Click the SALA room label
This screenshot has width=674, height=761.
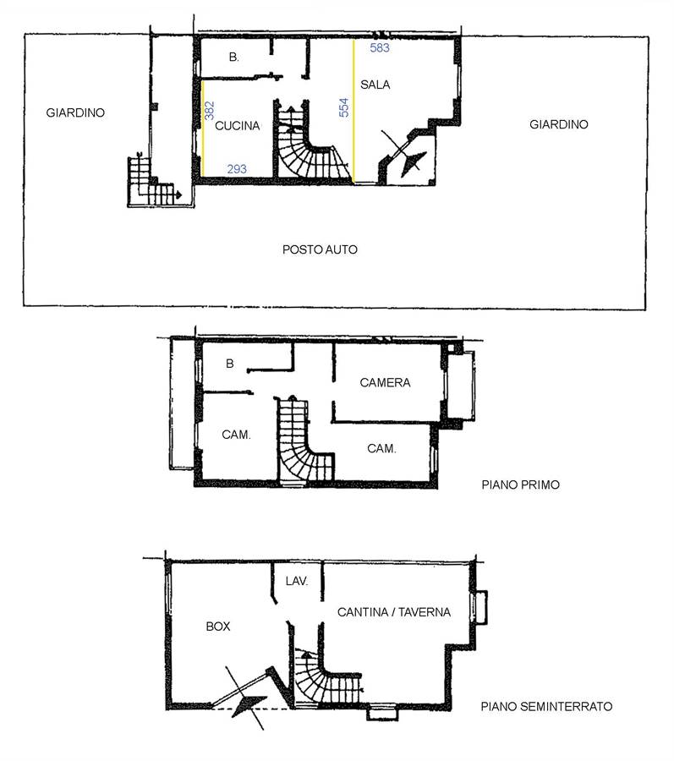click(375, 85)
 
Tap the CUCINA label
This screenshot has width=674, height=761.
click(238, 126)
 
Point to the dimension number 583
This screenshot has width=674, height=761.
click(380, 47)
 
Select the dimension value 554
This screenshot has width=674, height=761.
click(343, 107)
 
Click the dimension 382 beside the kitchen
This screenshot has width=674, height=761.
click(209, 111)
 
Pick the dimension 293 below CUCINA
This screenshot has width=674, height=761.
click(237, 169)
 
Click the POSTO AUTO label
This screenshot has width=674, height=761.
click(320, 249)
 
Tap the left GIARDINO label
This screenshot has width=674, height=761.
click(75, 112)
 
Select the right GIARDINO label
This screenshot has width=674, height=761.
click(558, 124)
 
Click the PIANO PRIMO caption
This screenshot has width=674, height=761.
click(520, 485)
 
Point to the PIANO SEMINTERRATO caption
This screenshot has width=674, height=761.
click(546, 706)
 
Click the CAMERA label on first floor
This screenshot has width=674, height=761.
click(385, 382)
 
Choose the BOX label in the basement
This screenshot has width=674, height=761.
click(218, 626)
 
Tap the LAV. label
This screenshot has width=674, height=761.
click(297, 581)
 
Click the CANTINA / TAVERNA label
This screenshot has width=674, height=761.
click(394, 612)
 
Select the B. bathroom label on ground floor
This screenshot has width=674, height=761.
click(234, 57)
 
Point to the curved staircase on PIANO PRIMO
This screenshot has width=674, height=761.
click(304, 440)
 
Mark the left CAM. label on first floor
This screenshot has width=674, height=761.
click(236, 435)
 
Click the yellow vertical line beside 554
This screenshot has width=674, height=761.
click(353, 111)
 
